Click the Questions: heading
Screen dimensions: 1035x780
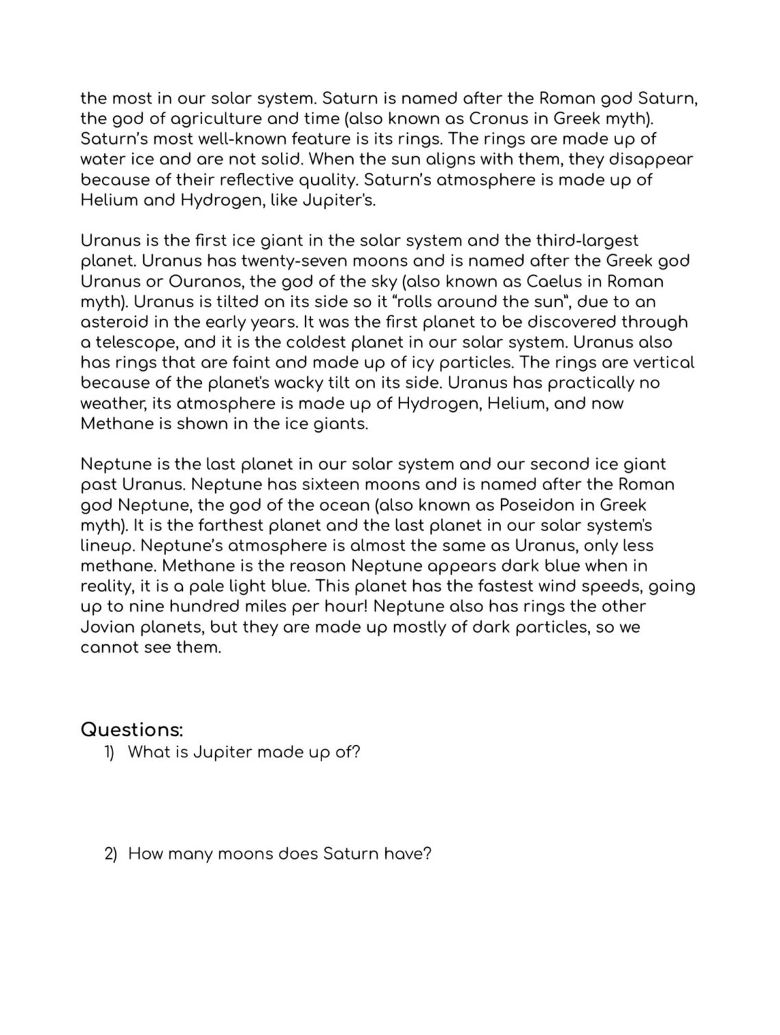tap(132, 729)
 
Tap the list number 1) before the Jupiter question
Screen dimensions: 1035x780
tap(110, 753)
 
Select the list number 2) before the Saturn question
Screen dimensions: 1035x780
tap(110, 855)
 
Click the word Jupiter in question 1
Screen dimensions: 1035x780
tap(218, 753)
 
